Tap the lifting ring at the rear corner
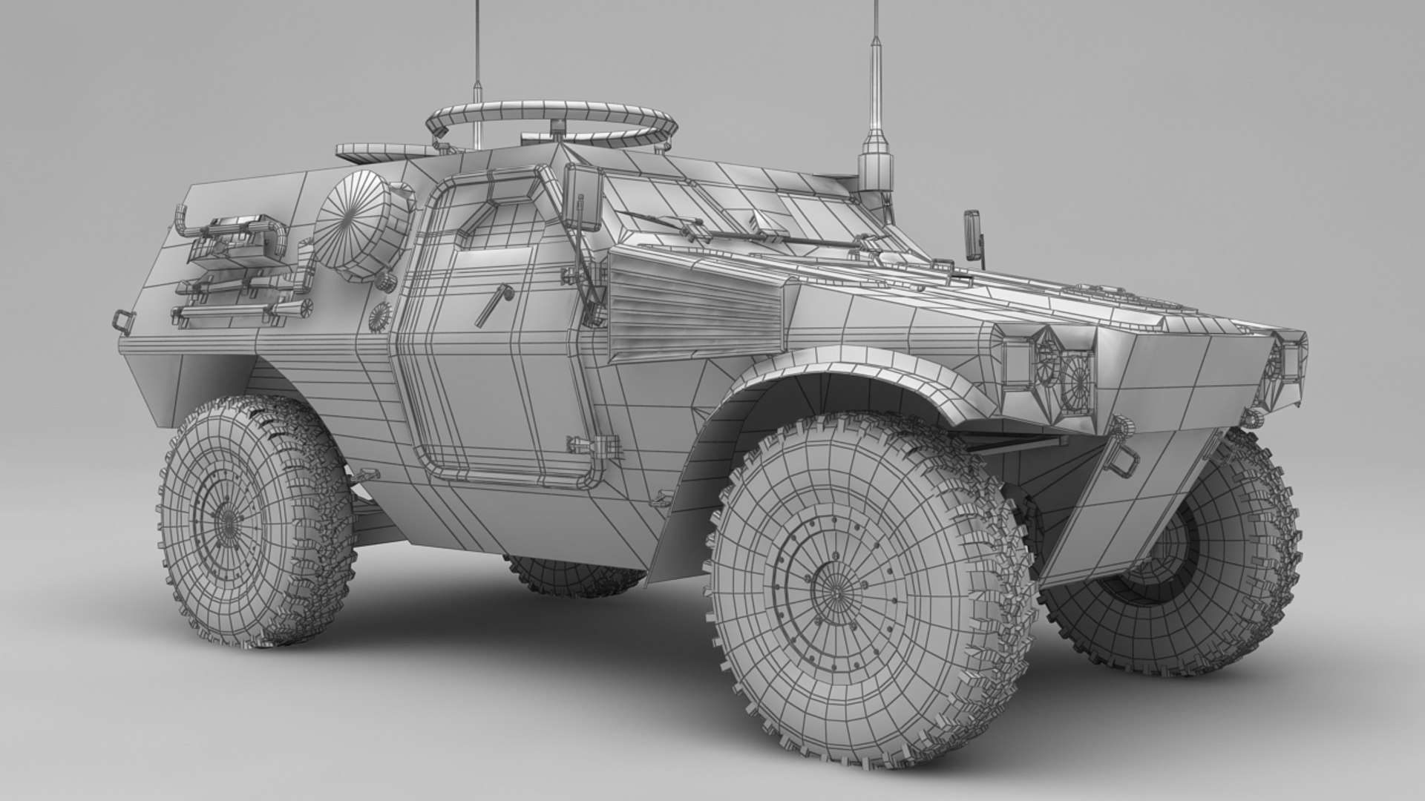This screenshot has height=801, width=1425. click(121, 320)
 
